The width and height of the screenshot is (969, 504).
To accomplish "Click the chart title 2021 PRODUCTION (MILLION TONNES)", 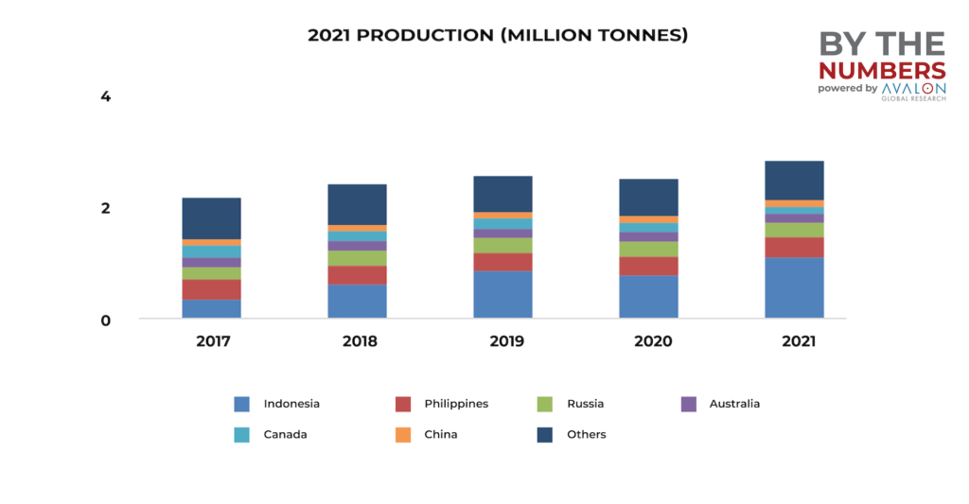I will tap(498, 35).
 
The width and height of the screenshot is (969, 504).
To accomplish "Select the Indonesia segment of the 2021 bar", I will tap(794, 287).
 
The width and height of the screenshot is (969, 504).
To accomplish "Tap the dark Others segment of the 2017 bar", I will tap(211, 218).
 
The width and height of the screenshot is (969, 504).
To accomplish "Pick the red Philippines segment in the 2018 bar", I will tap(357, 275).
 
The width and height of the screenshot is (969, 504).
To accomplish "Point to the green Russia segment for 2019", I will tap(502, 245).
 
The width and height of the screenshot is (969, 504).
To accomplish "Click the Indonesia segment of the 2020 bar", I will tap(648, 296).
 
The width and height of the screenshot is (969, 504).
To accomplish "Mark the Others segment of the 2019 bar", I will tap(502, 194).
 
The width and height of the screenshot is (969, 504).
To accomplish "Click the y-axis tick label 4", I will tap(106, 96).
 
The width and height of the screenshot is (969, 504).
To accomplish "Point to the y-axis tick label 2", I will tap(106, 208).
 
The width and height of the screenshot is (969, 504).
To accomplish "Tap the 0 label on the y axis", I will tap(106, 320).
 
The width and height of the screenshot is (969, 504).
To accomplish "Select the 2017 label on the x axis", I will tap(212, 341).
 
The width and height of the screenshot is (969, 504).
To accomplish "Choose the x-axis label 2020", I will tap(648, 341).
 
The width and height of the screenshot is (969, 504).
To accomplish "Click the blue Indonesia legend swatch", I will tap(242, 404).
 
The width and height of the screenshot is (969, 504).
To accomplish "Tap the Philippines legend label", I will tap(457, 404).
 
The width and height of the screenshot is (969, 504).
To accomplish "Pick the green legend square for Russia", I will tap(544, 404).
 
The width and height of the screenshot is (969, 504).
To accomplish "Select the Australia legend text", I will tap(734, 404).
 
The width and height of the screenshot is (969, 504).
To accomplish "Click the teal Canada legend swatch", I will tap(242, 435).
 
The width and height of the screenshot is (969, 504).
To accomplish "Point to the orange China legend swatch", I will tap(404, 435).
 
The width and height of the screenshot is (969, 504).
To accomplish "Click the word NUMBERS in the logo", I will tap(881, 71).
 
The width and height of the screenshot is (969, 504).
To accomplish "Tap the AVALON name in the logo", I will tap(912, 88).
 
